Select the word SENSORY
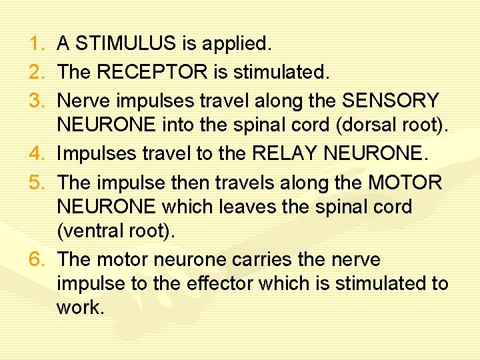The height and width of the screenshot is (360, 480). [x=391, y=101]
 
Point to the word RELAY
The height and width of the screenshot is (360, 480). [x=283, y=154]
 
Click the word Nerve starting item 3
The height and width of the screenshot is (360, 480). [x=81, y=101]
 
